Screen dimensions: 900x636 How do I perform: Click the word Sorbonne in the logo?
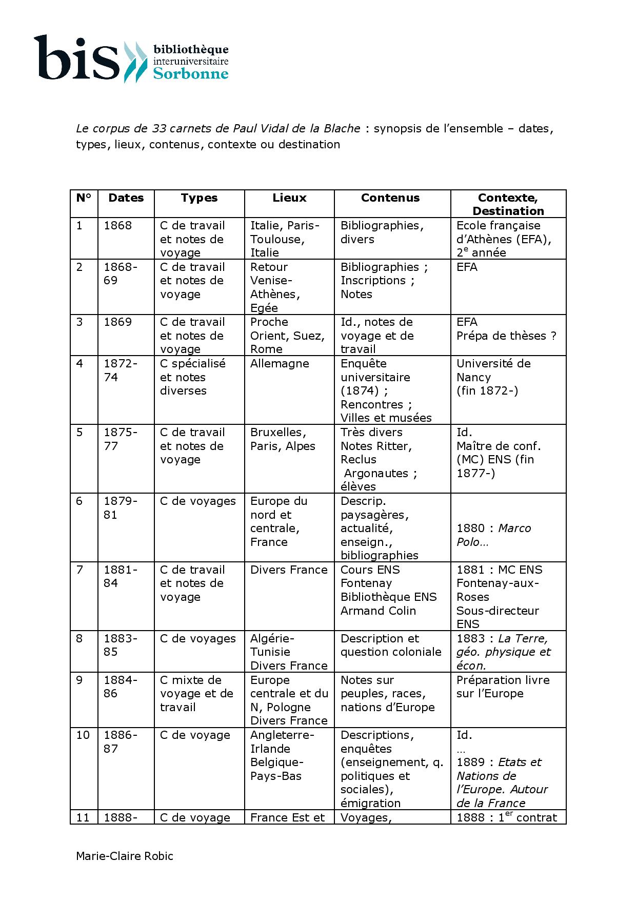[x=191, y=73]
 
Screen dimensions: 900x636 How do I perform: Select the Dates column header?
[x=126, y=198]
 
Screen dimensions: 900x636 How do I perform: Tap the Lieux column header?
[x=289, y=198]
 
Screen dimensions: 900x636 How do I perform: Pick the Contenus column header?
[x=390, y=198]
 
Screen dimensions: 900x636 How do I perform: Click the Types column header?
[x=199, y=198]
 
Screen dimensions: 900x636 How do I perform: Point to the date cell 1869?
[x=118, y=322]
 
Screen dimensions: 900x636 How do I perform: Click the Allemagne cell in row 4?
[x=280, y=364]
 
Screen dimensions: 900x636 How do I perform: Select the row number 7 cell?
[x=79, y=570]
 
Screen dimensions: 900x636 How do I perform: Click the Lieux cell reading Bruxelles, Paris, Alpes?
[x=283, y=439]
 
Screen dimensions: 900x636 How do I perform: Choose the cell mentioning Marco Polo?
[x=493, y=535]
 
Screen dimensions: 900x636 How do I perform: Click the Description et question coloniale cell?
[x=391, y=645]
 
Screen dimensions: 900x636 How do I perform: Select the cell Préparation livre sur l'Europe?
[x=503, y=687]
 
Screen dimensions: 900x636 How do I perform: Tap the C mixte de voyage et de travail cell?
[x=196, y=693]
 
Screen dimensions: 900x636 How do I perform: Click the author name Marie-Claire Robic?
[x=125, y=856]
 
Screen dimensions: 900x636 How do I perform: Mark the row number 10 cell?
[x=83, y=735]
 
